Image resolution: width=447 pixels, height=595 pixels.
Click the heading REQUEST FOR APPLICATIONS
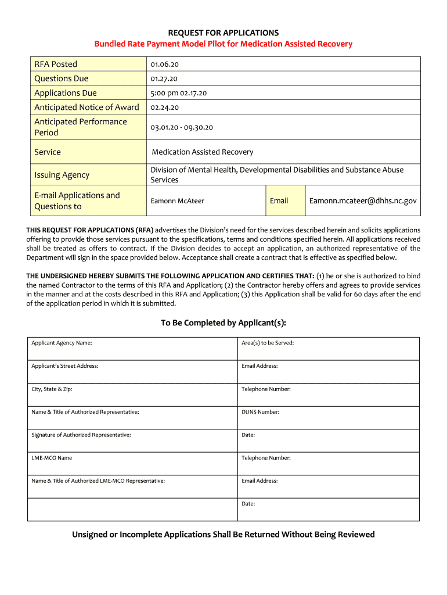223,33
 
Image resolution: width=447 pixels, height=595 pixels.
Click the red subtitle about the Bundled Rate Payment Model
223,44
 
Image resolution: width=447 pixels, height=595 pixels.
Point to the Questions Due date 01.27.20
164,79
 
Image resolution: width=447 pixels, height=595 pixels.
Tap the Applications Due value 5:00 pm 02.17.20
179,93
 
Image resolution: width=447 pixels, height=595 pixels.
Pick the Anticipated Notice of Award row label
86,107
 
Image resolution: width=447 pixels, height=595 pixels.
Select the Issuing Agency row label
62,175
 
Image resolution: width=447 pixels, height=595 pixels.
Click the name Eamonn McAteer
178,201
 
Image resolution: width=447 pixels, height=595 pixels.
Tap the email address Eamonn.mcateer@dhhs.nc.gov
363,201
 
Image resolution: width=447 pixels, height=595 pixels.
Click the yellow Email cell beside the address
279,201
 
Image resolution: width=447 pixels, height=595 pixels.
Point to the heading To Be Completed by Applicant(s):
223,323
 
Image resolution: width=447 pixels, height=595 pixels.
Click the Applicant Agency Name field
132,349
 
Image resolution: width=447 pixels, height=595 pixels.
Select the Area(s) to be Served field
328,349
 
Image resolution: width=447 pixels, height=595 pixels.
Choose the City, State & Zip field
132,395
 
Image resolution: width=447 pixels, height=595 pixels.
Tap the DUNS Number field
328,418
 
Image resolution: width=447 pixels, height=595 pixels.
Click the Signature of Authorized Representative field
132,441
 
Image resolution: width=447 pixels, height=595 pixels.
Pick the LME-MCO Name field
132,464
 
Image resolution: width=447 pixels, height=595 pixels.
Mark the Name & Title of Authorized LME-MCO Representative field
132,487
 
